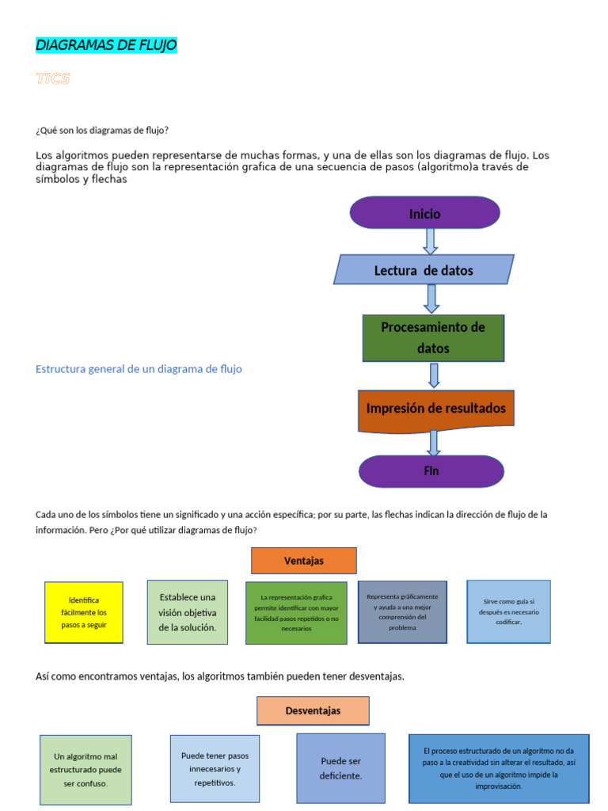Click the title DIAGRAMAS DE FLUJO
(106, 45)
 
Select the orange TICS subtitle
(53, 78)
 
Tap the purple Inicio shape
(424, 213)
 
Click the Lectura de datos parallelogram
(424, 270)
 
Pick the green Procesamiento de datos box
(433, 337)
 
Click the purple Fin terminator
(431, 471)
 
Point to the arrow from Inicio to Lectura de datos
(430, 241)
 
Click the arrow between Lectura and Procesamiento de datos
(431, 299)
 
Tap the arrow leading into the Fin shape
(433, 443)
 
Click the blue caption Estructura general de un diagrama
(139, 369)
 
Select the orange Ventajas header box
(304, 561)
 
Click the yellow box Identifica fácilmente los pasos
(84, 612)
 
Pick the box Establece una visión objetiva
(187, 612)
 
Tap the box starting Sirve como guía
(508, 611)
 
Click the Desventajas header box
(313, 710)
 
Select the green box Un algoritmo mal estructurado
(85, 770)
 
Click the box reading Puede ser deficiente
(340, 768)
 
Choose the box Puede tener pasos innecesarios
(215, 768)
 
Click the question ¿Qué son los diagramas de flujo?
(102, 130)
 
